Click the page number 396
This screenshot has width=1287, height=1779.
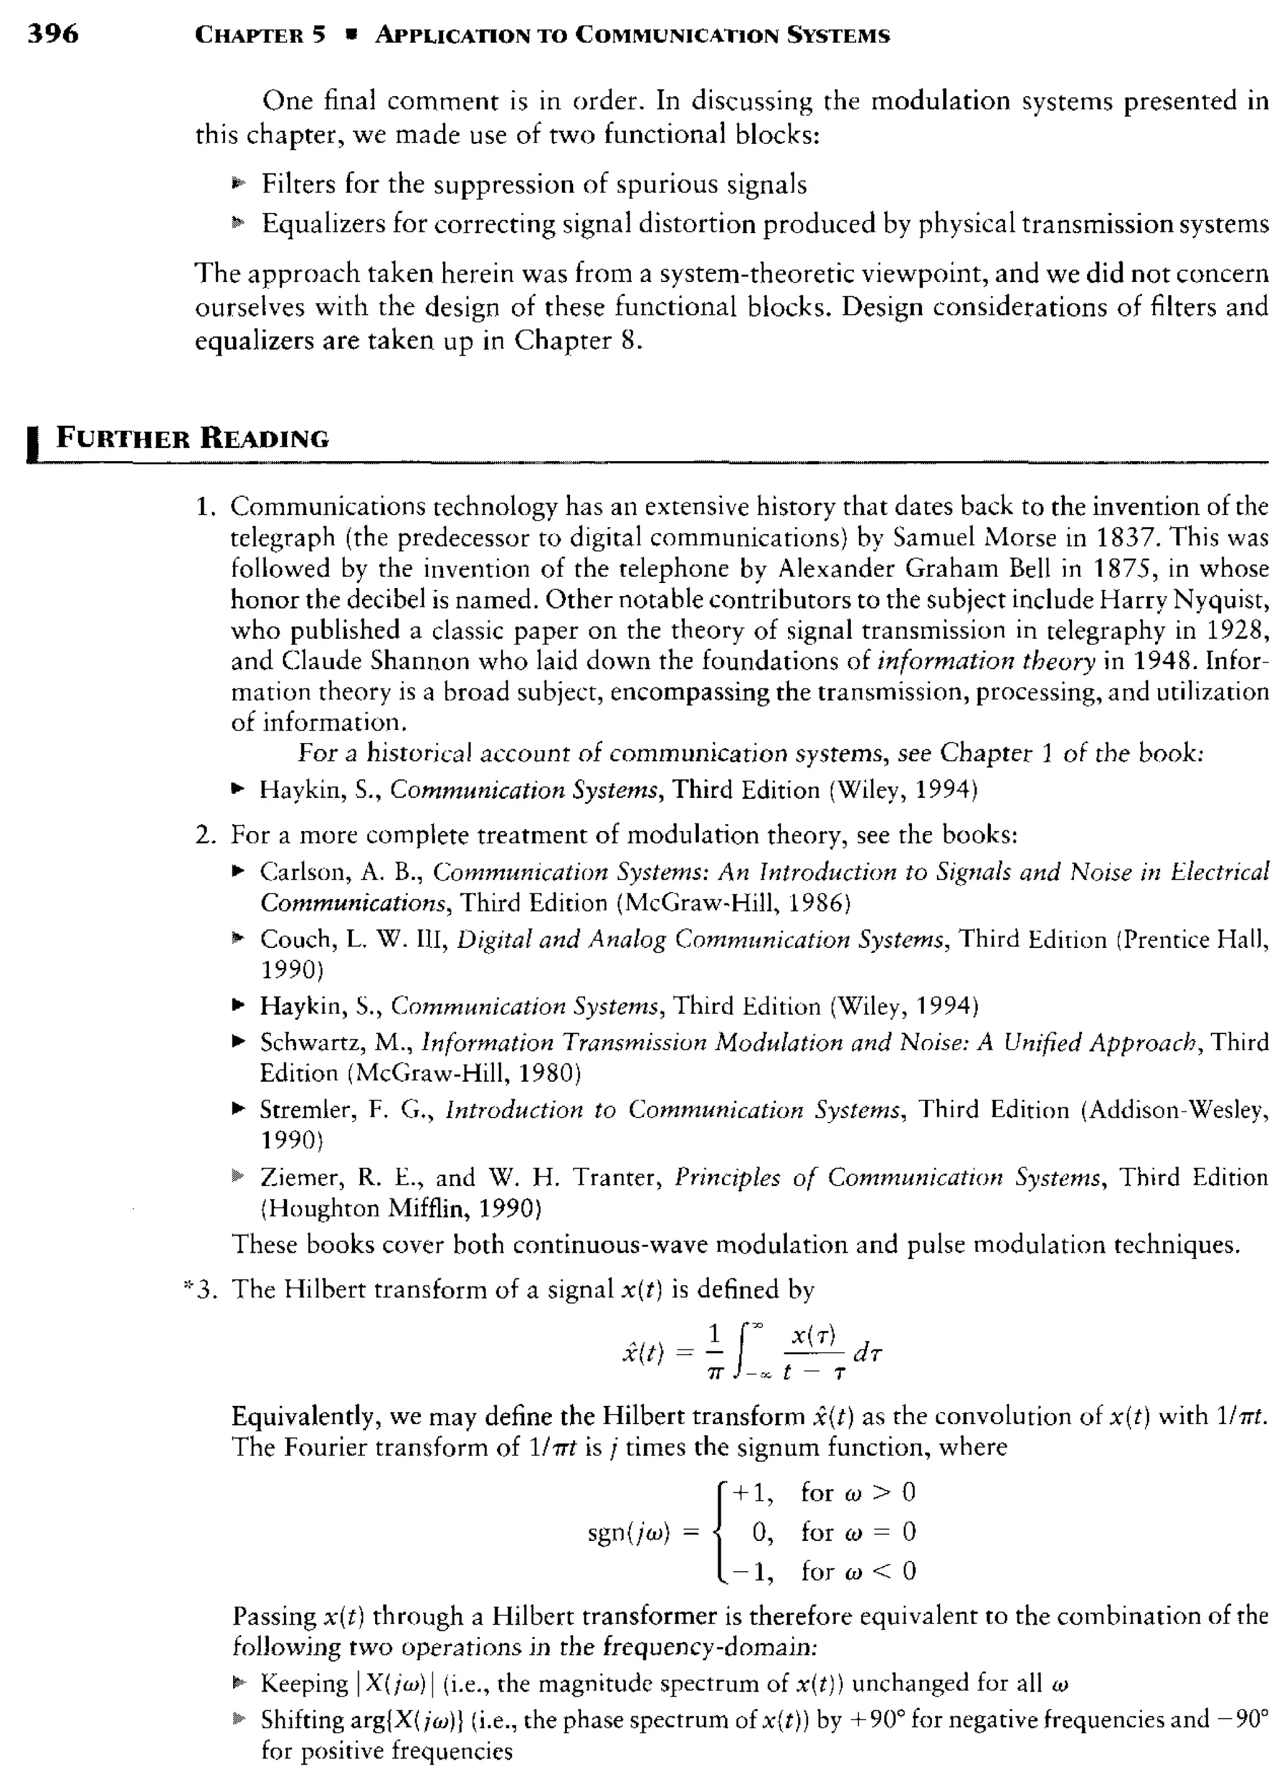coord(53,34)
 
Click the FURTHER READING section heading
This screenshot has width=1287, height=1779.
coord(192,438)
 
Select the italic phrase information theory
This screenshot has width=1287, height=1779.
coord(985,661)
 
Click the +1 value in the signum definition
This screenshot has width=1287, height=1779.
coord(751,1492)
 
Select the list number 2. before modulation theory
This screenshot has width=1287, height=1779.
coord(205,835)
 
